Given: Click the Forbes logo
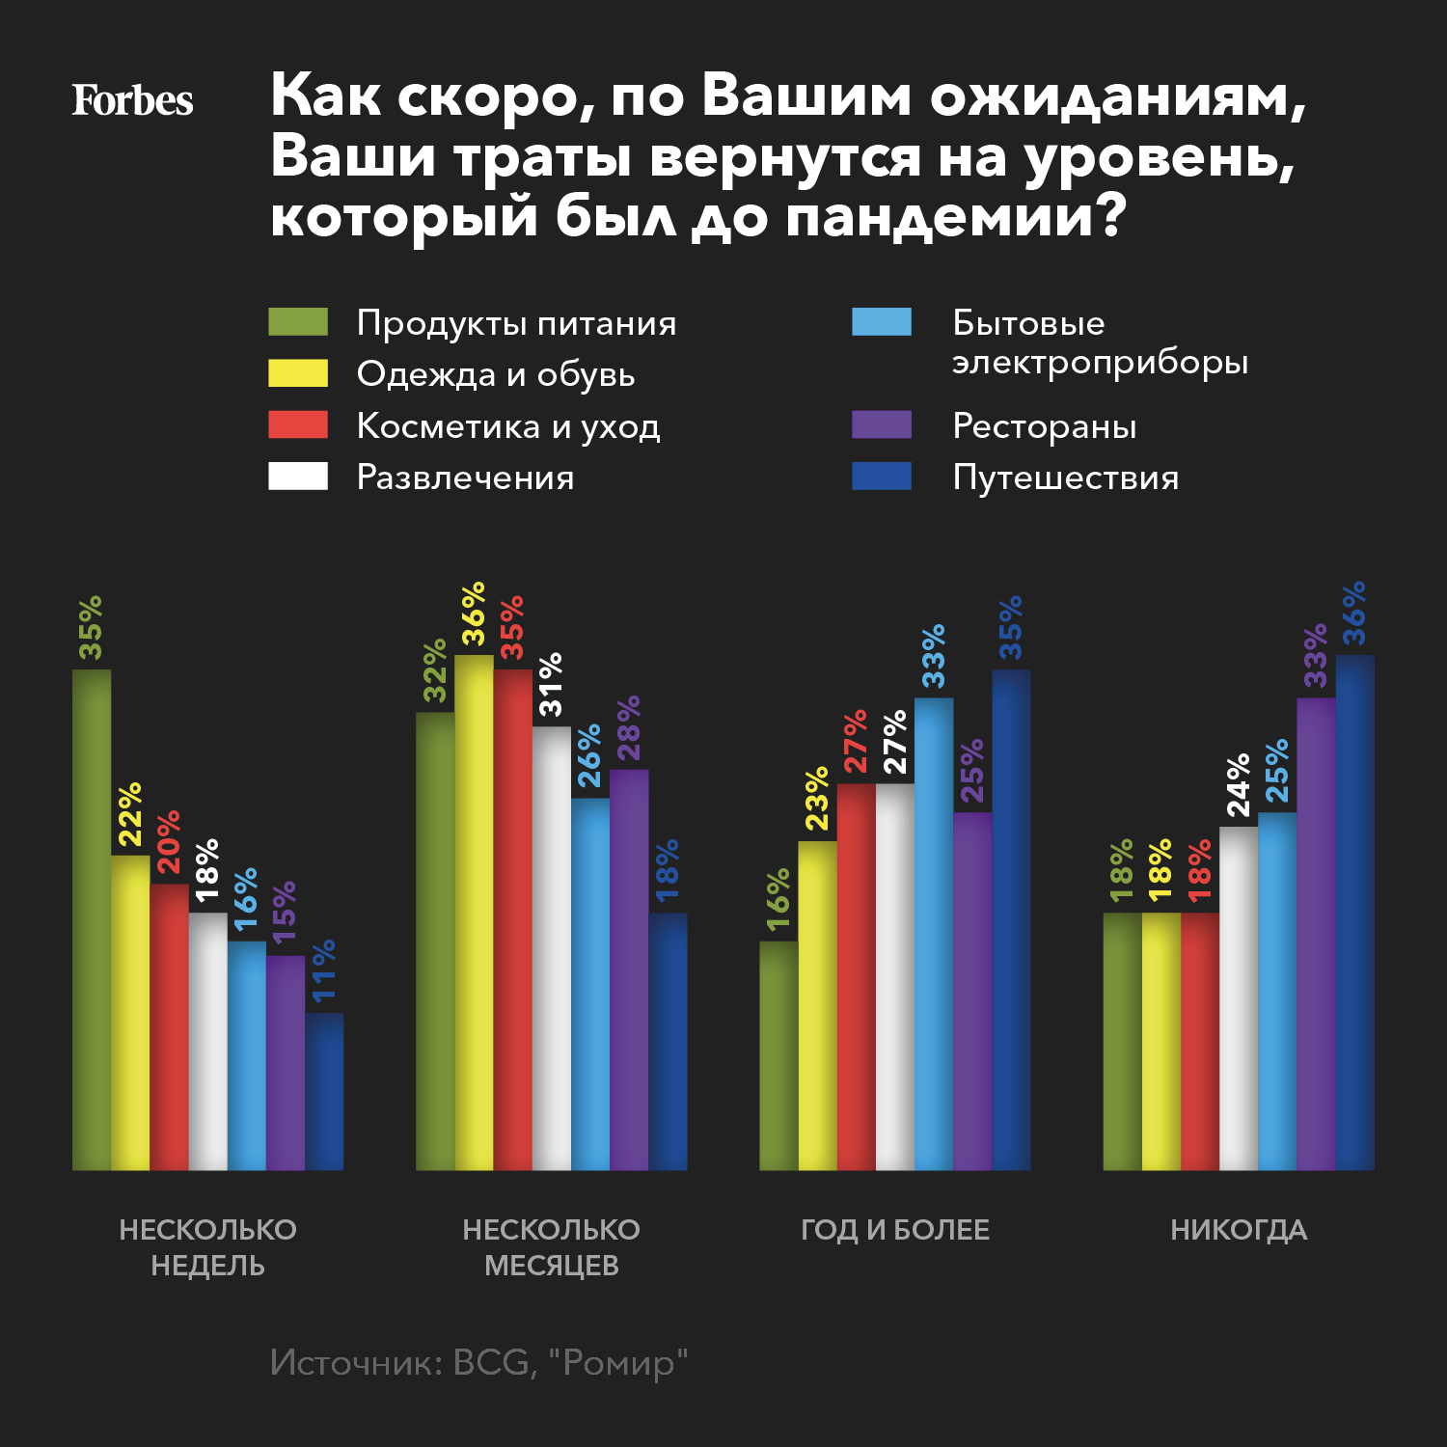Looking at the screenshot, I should click(x=132, y=100).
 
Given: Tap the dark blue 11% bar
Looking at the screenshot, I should click(x=324, y=1091).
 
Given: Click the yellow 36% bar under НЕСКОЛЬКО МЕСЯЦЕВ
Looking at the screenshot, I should click(x=474, y=913).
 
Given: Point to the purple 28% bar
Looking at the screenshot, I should click(x=629, y=969).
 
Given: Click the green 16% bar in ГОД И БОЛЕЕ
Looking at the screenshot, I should click(x=778, y=1055).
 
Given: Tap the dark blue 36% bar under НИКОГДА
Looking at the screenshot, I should click(x=1354, y=913).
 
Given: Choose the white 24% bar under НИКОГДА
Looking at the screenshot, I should click(x=1239, y=998).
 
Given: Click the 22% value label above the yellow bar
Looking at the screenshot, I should click(x=130, y=815).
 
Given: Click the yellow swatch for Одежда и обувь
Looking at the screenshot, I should click(x=298, y=373).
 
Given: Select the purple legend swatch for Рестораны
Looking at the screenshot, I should click(x=882, y=424).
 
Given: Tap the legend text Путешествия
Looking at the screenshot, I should click(x=1065, y=478).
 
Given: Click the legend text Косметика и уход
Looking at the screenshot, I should click(x=508, y=425).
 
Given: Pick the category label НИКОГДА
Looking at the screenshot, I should click(x=1239, y=1230).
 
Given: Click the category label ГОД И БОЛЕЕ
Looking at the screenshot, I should click(x=895, y=1230).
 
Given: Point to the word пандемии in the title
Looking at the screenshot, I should click(x=955, y=216).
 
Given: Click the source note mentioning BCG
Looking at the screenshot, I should click(x=478, y=1362).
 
